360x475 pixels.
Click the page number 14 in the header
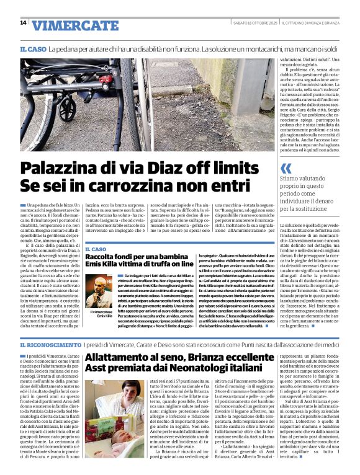[23, 23]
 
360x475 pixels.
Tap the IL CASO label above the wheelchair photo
[32, 49]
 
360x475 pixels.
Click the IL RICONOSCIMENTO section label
[50, 344]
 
